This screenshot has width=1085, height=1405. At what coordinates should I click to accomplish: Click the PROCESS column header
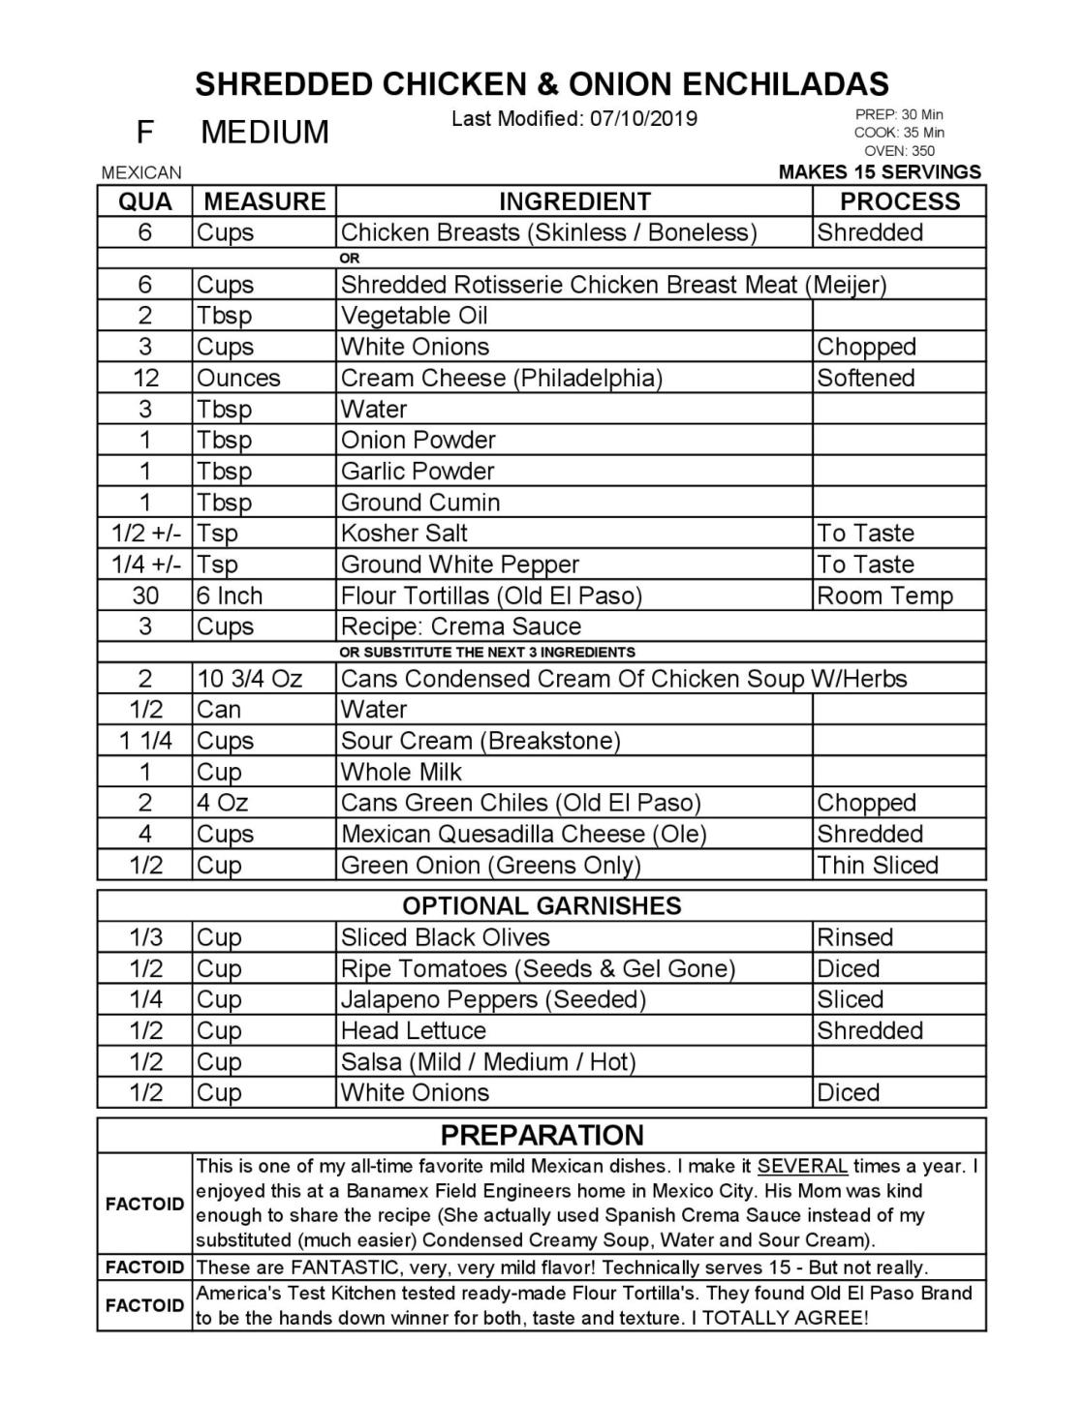pyautogui.click(x=899, y=201)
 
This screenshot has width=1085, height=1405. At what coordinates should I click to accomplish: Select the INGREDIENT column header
pyautogui.click(x=574, y=201)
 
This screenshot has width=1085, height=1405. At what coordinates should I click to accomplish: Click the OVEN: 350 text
pyautogui.click(x=899, y=151)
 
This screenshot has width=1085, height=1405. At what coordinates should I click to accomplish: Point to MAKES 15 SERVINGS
pyautogui.click(x=880, y=172)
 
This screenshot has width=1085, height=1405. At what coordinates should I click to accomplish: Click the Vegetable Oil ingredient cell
pyautogui.click(x=415, y=316)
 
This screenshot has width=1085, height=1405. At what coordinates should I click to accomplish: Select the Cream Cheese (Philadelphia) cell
pyautogui.click(x=502, y=378)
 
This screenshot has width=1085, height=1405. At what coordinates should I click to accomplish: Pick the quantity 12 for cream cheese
pyautogui.click(x=145, y=378)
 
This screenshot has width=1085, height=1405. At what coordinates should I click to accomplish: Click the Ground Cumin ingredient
pyautogui.click(x=420, y=503)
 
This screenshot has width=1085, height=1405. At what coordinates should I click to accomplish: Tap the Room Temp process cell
pyautogui.click(x=884, y=596)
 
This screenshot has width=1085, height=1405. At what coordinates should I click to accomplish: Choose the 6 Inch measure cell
pyautogui.click(x=230, y=596)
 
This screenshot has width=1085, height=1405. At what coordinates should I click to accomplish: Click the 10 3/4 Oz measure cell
pyautogui.click(x=249, y=679)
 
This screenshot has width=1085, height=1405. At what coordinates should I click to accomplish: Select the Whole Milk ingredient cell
pyautogui.click(x=401, y=772)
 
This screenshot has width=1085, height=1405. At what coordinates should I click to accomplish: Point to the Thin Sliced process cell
pyautogui.click(x=878, y=865)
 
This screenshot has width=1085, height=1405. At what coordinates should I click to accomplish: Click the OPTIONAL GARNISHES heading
pyautogui.click(x=542, y=905)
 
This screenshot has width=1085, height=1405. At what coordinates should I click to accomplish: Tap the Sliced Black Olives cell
pyautogui.click(x=445, y=937)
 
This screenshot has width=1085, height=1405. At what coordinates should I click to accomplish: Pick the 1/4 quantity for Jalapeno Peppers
pyautogui.click(x=145, y=999)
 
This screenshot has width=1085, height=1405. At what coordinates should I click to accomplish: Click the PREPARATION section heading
pyautogui.click(x=542, y=1135)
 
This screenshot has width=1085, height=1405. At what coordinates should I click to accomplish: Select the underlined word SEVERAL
pyautogui.click(x=803, y=1166)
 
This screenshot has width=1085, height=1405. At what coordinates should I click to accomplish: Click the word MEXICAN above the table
pyautogui.click(x=141, y=173)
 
